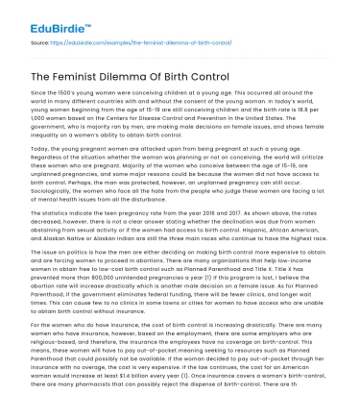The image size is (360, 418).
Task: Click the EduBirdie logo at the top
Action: [x=44, y=18]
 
